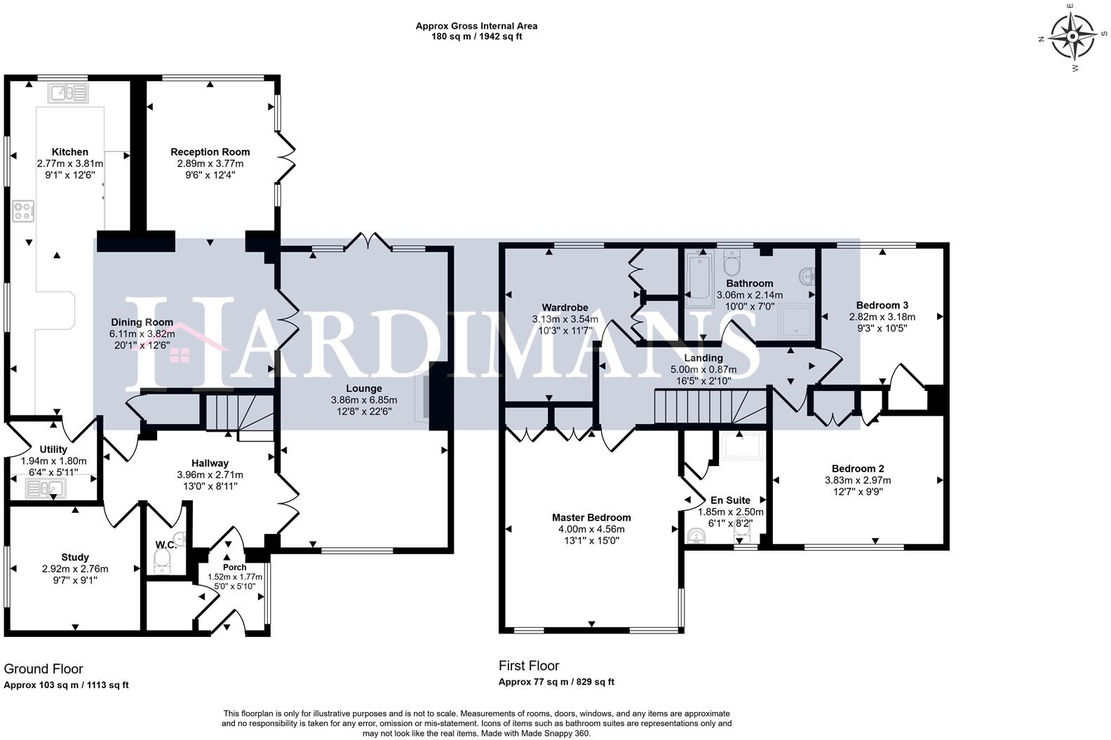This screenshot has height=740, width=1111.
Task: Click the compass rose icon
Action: click(x=1072, y=37)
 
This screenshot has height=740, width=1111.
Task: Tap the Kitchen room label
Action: click(x=70, y=152)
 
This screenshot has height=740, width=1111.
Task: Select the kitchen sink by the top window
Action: click(x=69, y=92)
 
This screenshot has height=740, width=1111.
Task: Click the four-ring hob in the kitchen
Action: click(x=23, y=211)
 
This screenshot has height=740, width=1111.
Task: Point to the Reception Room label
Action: click(x=210, y=152)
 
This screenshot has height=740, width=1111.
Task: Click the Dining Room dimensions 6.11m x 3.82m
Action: click(x=142, y=334)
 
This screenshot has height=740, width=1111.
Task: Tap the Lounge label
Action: click(x=364, y=389)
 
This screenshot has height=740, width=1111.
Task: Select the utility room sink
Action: click(x=45, y=488)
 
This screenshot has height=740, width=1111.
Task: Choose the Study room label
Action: click(x=75, y=557)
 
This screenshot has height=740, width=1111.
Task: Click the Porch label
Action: click(x=234, y=567)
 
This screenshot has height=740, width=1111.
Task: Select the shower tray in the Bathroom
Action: click(x=795, y=321)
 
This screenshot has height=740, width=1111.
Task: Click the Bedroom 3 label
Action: click(x=882, y=306)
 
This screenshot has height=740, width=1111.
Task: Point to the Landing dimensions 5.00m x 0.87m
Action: click(x=703, y=369)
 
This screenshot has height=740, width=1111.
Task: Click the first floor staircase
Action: click(x=711, y=406)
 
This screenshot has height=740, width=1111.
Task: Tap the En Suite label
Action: click(x=731, y=500)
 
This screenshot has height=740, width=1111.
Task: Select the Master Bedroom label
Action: click(x=592, y=517)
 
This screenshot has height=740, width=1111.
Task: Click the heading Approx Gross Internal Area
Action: click(x=476, y=26)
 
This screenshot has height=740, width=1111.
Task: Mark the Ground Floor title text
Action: click(x=43, y=669)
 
